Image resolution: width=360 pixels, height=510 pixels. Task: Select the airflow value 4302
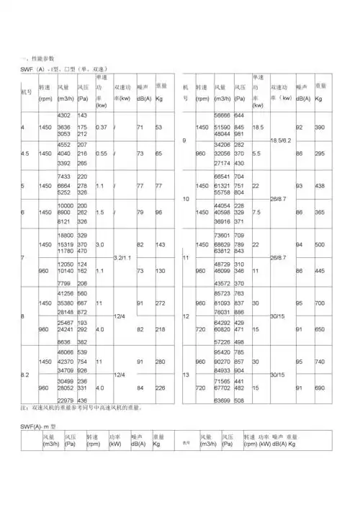click(x=63, y=115)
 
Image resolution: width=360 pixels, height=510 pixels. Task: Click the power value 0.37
click(x=102, y=127)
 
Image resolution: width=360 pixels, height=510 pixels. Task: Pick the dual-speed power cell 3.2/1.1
click(x=122, y=257)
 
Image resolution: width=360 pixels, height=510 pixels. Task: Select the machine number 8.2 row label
click(x=25, y=375)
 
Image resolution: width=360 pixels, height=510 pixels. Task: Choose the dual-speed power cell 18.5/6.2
click(x=281, y=138)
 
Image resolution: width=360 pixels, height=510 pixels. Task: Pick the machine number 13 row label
click(x=186, y=375)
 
